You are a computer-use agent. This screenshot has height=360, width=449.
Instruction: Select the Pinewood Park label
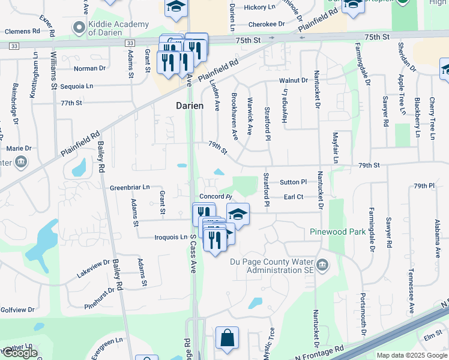click(x=337, y=232)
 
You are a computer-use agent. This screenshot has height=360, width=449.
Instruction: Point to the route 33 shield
click(x=14, y=45)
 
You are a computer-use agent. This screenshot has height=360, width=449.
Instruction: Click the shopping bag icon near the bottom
click(x=228, y=338)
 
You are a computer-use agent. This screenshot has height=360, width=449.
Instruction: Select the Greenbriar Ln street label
click(x=130, y=188)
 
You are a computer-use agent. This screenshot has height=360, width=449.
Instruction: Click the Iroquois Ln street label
click(x=171, y=237)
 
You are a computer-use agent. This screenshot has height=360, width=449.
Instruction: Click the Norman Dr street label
click(x=89, y=68)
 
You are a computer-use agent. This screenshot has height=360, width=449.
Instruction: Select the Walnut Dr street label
click(x=292, y=80)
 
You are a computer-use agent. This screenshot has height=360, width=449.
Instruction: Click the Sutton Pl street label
click(x=293, y=182)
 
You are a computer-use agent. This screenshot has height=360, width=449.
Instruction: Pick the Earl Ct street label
click(x=294, y=197)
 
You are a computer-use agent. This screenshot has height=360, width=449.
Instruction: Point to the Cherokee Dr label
click(x=265, y=25)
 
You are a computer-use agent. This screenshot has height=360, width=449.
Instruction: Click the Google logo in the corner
click(x=20, y=353)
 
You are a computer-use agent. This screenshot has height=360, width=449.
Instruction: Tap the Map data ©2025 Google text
click(x=411, y=355)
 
